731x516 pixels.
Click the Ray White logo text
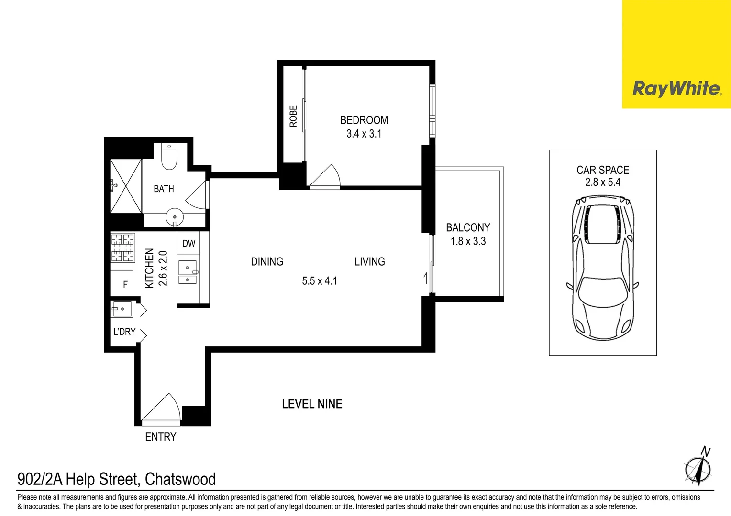click(x=676, y=88)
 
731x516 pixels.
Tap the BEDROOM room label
click(x=364, y=120)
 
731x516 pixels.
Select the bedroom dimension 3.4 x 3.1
click(x=364, y=134)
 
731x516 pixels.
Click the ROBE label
click(x=293, y=116)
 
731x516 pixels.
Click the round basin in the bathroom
click(x=175, y=217)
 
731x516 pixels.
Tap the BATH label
click(x=164, y=189)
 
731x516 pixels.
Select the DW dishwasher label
click(x=189, y=244)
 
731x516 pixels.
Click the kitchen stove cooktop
click(x=122, y=247)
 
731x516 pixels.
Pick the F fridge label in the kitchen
click(x=125, y=285)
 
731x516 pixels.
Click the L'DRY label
click(x=124, y=332)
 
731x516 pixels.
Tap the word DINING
click(x=267, y=262)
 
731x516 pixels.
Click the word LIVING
click(x=370, y=262)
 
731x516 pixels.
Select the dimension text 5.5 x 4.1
click(x=320, y=281)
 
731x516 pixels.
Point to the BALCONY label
click(x=468, y=228)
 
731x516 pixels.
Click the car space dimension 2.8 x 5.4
click(x=603, y=183)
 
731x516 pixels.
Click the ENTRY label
click(x=161, y=437)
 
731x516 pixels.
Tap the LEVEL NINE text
click(x=312, y=404)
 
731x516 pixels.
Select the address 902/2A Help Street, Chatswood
click(x=116, y=479)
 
